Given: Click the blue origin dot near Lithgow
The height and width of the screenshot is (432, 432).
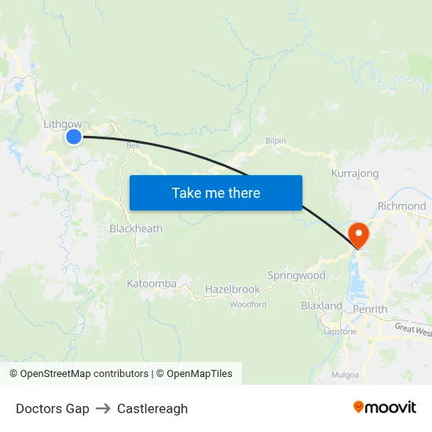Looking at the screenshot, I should pyautogui.click(x=73, y=137).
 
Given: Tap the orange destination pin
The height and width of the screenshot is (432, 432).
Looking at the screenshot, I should pyautogui.click(x=358, y=234).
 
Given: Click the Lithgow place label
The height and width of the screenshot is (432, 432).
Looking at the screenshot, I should pyautogui.click(x=62, y=123).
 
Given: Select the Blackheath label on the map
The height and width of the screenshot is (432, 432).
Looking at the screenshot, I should pyautogui.click(x=136, y=229).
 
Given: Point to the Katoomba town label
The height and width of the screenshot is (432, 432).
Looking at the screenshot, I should pyautogui.click(x=151, y=283).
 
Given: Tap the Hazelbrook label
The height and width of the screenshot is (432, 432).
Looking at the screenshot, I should pyautogui.click(x=232, y=290).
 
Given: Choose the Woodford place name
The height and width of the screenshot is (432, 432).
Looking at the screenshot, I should pyautogui.click(x=248, y=304).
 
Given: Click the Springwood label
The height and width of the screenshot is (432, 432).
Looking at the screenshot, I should pyautogui.click(x=296, y=276).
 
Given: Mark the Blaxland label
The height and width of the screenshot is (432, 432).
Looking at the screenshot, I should pyautogui.click(x=321, y=306).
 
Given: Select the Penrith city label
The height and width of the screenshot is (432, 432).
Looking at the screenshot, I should pyautogui.click(x=370, y=309).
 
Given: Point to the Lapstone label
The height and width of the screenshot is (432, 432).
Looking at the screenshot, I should pyautogui.click(x=340, y=331).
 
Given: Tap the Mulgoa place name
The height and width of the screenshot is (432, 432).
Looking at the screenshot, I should pyautogui.click(x=345, y=375).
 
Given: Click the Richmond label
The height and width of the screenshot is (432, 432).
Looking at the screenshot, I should pyautogui.click(x=401, y=206).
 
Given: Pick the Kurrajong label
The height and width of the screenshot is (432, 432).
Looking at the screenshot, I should pyautogui.click(x=355, y=174).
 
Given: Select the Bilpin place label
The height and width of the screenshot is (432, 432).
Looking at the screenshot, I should pyautogui.click(x=275, y=141).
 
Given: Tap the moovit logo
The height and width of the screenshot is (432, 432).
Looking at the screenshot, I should pyautogui.click(x=385, y=408).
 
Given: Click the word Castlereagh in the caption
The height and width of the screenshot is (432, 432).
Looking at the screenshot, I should pyautogui.click(x=152, y=408).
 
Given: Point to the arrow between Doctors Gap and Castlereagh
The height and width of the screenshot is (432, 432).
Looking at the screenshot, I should pyautogui.click(x=103, y=408).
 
